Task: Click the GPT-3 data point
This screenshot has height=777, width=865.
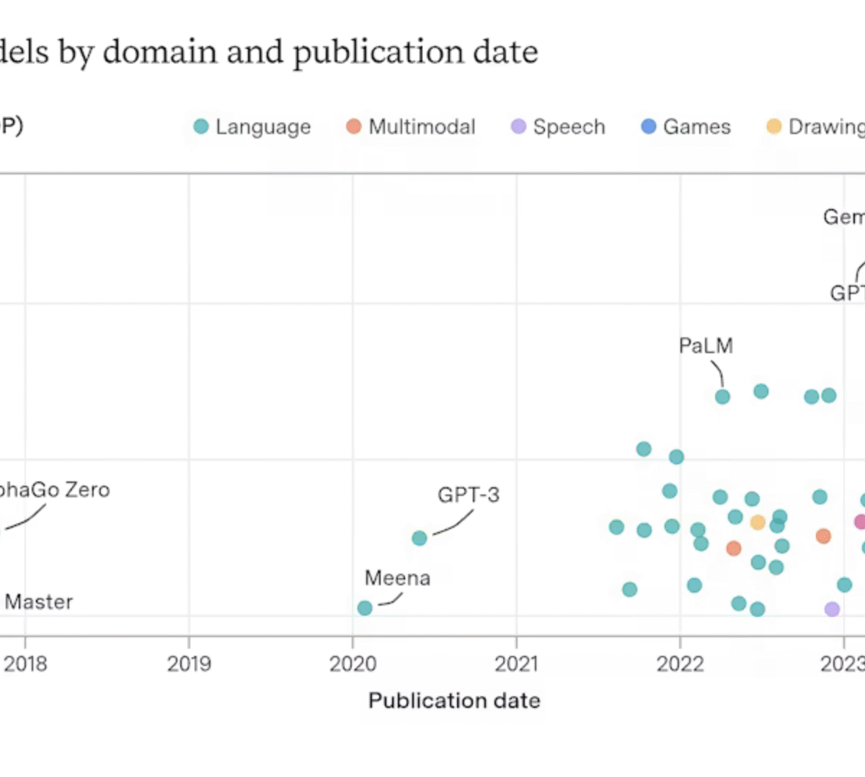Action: coord(420,538)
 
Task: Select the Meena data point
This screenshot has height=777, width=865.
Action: coord(365,608)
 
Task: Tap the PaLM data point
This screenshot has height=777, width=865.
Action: coord(722,396)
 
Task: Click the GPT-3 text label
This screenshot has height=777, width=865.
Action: coord(468,495)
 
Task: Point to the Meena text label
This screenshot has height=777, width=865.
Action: coord(397,578)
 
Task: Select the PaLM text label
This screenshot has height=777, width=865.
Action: coord(706,346)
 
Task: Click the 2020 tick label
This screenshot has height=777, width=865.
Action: coord(352,664)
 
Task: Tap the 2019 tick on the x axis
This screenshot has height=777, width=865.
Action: coord(189,664)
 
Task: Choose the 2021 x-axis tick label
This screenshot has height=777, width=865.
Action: coord(516,664)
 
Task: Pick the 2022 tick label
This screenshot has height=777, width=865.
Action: coord(680,664)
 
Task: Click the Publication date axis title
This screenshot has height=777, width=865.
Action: coord(454,701)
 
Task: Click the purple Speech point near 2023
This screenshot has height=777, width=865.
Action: coord(832,609)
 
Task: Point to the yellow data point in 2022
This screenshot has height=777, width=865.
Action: coord(758,522)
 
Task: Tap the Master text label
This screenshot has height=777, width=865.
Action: coord(38,602)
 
